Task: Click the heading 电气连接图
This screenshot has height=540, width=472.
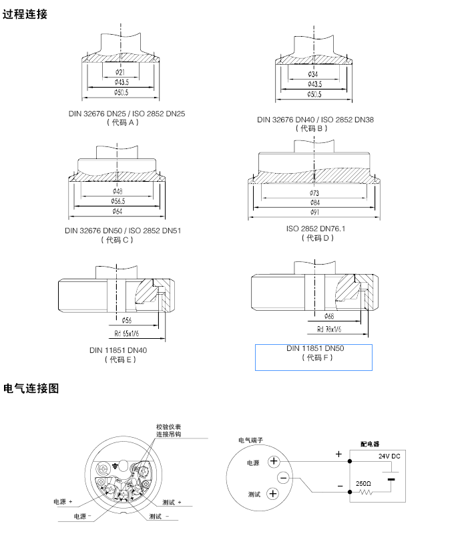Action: [x=31, y=388]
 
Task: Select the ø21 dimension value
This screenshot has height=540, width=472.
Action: [x=120, y=72]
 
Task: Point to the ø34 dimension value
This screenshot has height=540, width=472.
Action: [x=313, y=74]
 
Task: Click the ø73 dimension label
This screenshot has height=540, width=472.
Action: [x=314, y=192]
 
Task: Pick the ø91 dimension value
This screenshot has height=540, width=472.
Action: [x=314, y=213]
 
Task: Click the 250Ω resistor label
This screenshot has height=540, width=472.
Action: [x=363, y=483]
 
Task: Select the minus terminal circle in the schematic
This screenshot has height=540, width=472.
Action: [x=283, y=478]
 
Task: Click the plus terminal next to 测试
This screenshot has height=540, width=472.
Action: [x=272, y=495]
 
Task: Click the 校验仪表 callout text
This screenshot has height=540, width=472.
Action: [x=168, y=426]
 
